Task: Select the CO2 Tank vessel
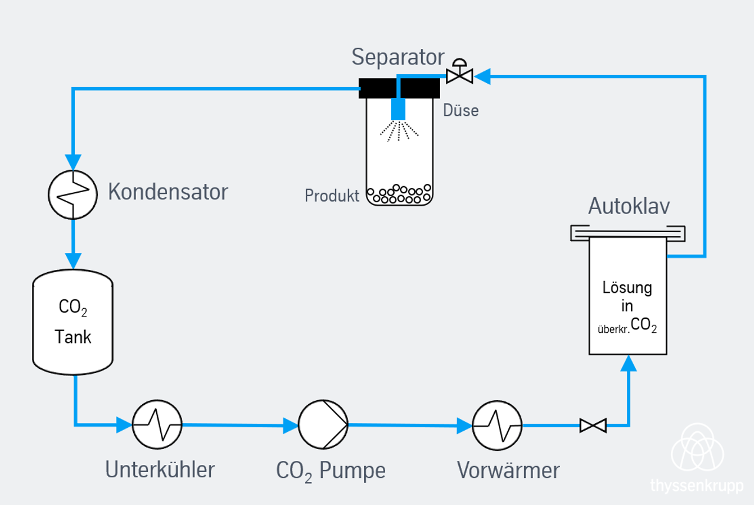[72, 322]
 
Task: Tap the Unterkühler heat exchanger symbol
[157, 424]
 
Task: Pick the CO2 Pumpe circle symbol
[323, 424]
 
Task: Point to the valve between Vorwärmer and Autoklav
[593, 425]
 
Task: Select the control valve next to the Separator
[459, 74]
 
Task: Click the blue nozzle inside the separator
[399, 108]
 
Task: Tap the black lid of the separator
[399, 88]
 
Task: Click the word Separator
[398, 57]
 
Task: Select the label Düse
[461, 110]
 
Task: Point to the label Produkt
[332, 196]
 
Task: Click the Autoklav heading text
[629, 206]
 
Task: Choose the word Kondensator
[167, 192]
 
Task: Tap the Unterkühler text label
[160, 470]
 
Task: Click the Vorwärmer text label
[508, 470]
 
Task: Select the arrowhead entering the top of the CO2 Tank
[72, 260]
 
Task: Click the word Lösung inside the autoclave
[627, 288]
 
